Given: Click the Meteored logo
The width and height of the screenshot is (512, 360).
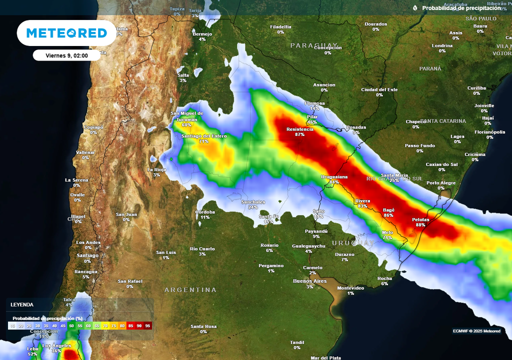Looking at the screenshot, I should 66,33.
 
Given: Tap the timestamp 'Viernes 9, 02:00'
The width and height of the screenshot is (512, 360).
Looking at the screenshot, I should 66,55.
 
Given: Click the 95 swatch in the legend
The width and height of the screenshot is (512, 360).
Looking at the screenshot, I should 147,325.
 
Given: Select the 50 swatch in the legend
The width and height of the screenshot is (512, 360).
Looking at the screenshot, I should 71,325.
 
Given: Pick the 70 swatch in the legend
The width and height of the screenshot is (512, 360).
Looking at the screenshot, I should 105,325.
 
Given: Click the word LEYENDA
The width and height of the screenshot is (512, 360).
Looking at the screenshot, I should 22,304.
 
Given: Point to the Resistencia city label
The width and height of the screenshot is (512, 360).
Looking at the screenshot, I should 300,129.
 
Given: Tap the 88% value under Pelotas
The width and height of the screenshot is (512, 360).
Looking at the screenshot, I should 420,225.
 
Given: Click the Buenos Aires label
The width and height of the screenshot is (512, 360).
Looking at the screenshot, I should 309,281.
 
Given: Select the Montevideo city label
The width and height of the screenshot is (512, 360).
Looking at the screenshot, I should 350,288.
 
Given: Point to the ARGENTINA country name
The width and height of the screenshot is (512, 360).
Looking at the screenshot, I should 190,290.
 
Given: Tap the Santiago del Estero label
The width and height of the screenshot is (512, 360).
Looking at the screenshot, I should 204,136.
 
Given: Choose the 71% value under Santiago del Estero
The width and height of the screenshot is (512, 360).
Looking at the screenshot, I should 203,141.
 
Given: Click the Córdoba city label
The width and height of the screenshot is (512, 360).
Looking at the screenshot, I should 205,212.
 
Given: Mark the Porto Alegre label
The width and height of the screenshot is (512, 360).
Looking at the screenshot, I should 441,183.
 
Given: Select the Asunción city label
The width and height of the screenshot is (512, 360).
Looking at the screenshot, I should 324,85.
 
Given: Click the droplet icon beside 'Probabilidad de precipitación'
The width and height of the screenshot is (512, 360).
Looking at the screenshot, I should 415,8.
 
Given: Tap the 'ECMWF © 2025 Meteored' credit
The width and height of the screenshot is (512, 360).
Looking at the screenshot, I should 476,331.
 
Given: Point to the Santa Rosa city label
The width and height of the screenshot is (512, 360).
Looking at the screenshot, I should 203,326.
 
